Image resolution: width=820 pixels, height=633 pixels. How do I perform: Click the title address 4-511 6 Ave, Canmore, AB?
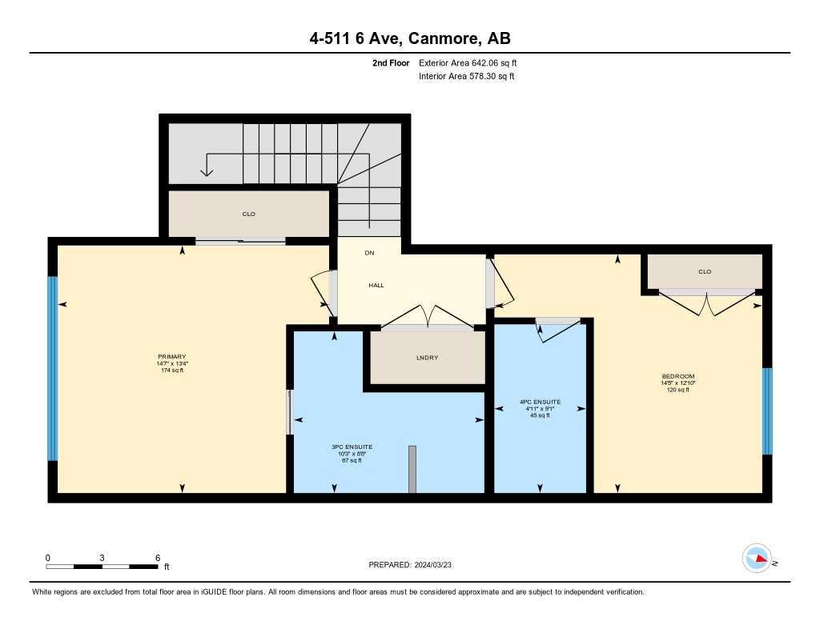(410, 38)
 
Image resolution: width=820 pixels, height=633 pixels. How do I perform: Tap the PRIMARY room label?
(171, 357)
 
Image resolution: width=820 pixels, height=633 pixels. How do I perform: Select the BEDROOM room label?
(677, 376)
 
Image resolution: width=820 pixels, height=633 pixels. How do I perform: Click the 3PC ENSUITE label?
(352, 447)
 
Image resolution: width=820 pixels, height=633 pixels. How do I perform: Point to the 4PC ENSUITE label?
(540, 402)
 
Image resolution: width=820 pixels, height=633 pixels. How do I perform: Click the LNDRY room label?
(427, 357)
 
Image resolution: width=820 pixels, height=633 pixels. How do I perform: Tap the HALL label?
(376, 285)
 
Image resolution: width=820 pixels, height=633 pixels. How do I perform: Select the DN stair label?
(369, 253)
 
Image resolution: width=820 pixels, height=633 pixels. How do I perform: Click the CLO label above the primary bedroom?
(248, 214)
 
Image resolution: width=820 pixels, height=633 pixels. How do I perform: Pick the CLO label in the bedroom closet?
(705, 271)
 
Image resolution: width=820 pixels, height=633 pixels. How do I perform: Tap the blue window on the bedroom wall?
(766, 411)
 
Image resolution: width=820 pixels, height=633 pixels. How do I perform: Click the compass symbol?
(757, 558)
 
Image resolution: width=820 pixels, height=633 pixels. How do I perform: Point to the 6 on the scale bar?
(158, 558)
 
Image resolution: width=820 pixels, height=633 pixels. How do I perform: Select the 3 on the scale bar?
(102, 558)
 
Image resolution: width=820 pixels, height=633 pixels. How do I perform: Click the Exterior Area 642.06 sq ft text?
(472, 62)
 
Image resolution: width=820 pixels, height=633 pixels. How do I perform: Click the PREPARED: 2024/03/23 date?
(416, 564)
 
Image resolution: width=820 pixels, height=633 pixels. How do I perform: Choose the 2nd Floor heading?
(391, 62)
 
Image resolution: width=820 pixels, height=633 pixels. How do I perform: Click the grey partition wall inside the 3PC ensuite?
(412, 469)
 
